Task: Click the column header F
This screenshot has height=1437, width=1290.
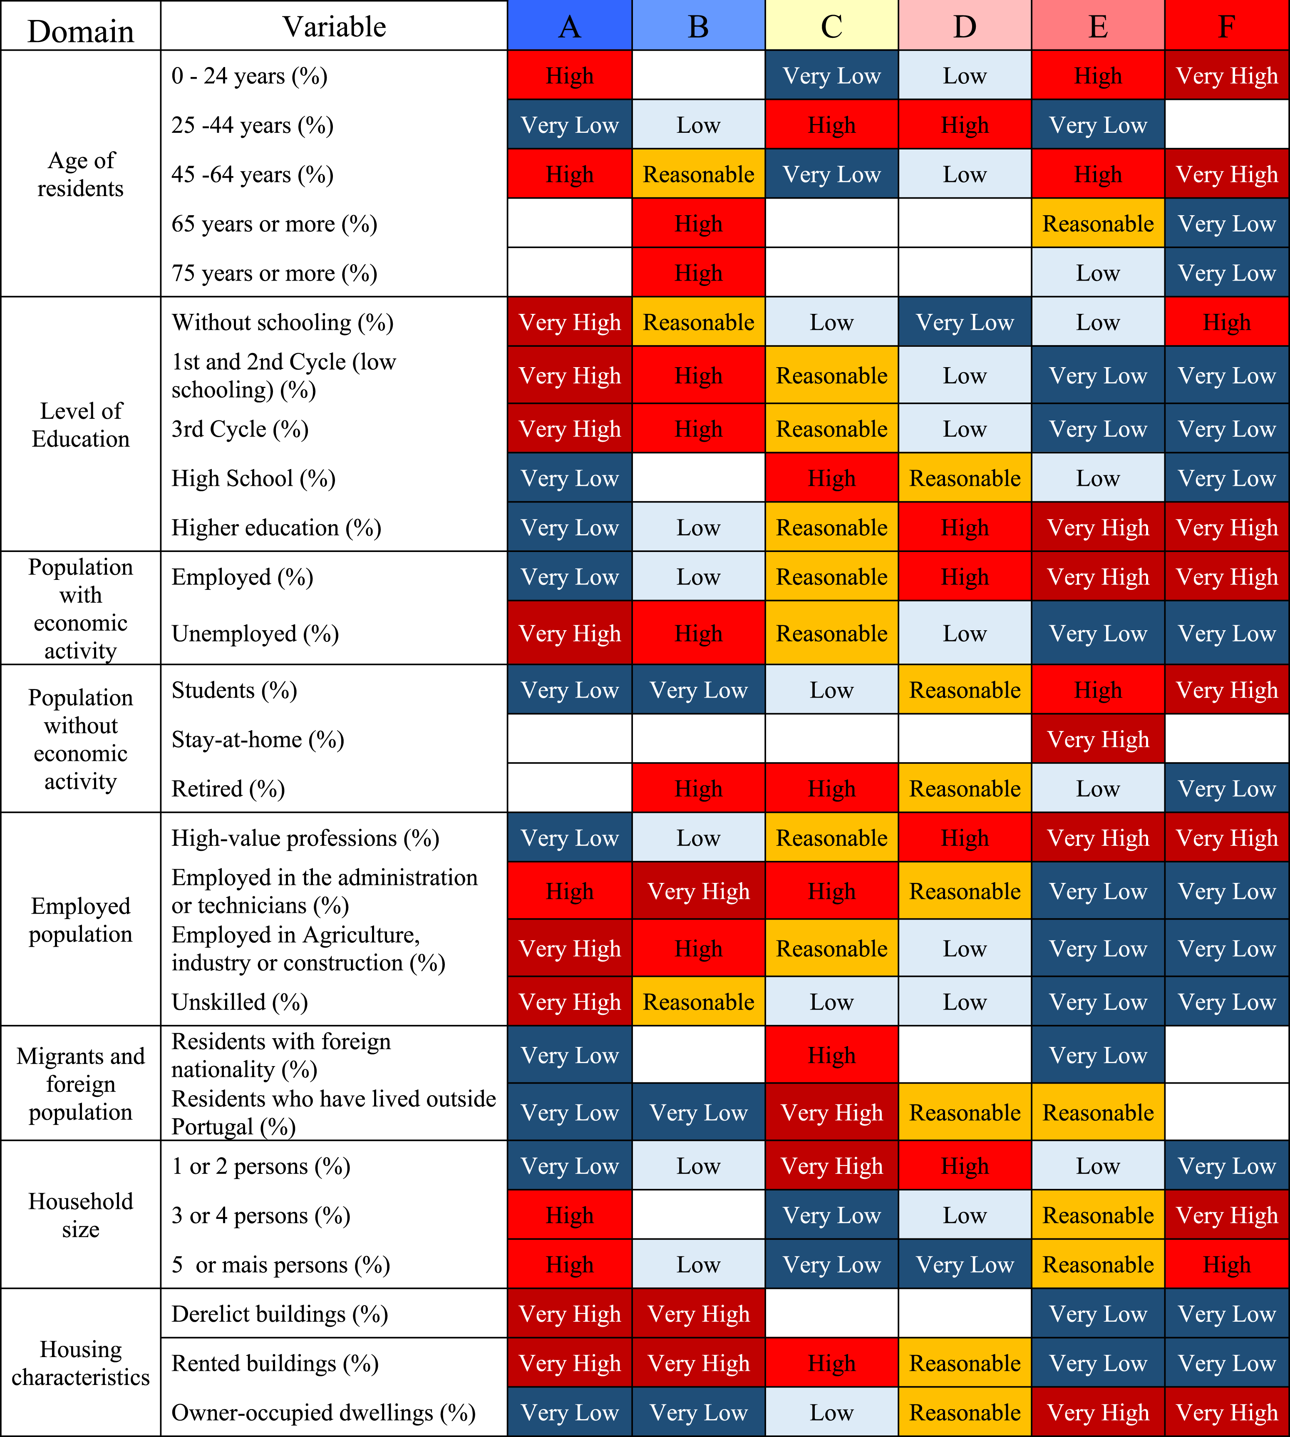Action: click(x=1227, y=26)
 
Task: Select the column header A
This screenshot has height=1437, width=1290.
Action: click(x=570, y=26)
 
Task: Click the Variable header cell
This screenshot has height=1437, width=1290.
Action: click(x=334, y=26)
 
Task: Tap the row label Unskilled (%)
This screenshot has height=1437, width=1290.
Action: click(x=240, y=1002)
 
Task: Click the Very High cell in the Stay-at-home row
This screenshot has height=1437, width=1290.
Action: click(x=1098, y=739)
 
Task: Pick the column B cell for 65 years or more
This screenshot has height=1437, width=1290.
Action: click(x=698, y=223)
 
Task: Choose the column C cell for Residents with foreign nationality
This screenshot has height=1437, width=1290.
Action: click(x=831, y=1055)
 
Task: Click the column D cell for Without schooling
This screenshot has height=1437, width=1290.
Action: click(x=965, y=322)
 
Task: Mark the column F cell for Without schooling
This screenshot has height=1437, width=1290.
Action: click(x=1227, y=322)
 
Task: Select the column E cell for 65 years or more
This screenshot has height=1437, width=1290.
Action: click(x=1098, y=223)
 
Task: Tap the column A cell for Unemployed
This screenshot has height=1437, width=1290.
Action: click(x=570, y=633)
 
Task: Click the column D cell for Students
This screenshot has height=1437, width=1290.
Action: click(x=965, y=690)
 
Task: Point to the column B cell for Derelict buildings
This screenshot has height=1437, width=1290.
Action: click(x=698, y=1314)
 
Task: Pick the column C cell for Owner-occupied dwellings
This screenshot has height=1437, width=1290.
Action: click(x=831, y=1412)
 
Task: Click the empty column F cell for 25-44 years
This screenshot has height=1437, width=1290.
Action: click(x=1227, y=125)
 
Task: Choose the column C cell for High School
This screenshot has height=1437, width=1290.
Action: click(x=831, y=478)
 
